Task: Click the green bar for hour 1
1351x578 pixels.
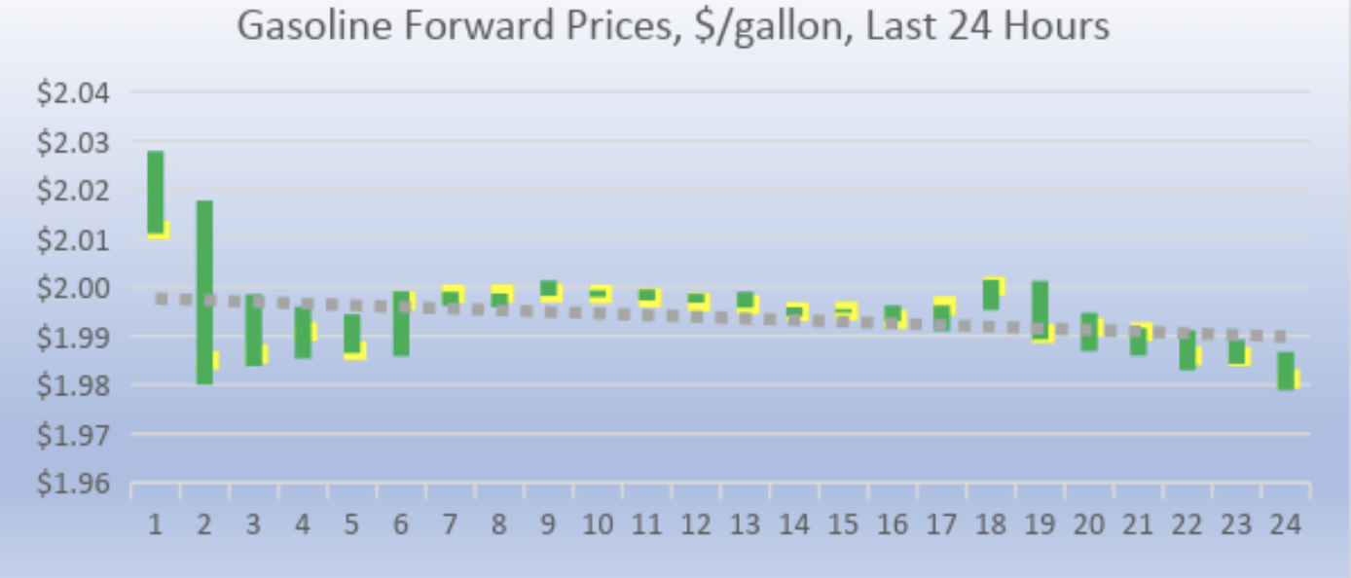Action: click(x=156, y=191)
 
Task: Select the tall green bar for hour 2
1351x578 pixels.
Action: click(x=204, y=292)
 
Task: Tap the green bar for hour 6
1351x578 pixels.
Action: click(x=401, y=323)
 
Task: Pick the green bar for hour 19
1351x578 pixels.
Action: click(x=1040, y=309)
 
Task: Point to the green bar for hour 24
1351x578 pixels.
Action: click(x=1286, y=371)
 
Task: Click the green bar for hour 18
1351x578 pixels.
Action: click(x=991, y=294)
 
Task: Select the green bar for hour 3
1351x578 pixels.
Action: click(x=253, y=330)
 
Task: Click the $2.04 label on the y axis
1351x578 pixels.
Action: click(x=74, y=93)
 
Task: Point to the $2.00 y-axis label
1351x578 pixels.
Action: click(x=74, y=288)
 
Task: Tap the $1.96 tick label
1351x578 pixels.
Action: click(x=74, y=483)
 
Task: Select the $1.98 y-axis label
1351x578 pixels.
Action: click(x=74, y=385)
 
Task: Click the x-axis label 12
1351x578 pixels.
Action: click(x=695, y=525)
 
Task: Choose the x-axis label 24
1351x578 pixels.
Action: click(x=1287, y=525)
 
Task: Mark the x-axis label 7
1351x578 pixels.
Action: click(x=450, y=525)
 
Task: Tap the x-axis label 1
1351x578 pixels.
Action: click(x=155, y=525)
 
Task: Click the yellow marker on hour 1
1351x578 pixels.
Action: click(x=162, y=231)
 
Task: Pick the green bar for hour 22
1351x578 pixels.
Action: click(x=1187, y=350)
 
